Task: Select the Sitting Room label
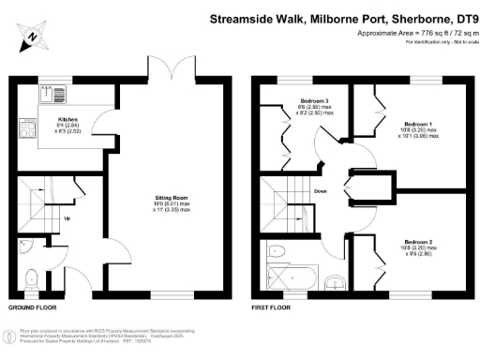[172, 198]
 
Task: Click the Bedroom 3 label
[313, 101]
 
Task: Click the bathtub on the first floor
[291, 279]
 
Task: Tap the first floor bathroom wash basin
[334, 284]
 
